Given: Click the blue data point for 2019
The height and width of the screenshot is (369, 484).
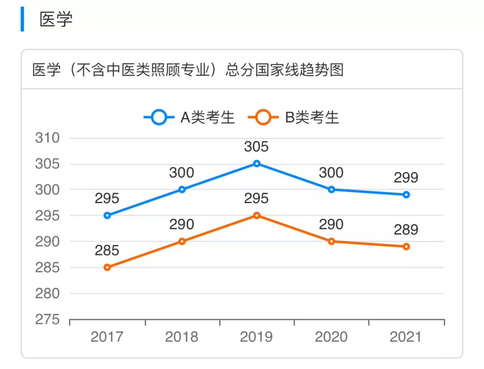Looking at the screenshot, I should (256, 164).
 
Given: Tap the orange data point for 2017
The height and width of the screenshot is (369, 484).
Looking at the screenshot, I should (107, 267).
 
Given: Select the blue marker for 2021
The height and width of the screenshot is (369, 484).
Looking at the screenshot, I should (406, 195).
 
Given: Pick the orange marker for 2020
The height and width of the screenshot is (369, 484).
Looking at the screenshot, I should (332, 241).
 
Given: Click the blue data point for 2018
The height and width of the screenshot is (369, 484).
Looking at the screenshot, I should (182, 190).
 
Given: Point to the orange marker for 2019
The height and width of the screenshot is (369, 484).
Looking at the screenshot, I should (256, 216).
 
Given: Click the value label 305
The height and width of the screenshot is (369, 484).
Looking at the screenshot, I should (256, 147).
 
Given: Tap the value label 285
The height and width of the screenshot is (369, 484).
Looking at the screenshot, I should (107, 250).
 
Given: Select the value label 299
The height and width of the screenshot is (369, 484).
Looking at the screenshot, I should (406, 178).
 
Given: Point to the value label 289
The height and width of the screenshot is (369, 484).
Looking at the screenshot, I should (406, 230).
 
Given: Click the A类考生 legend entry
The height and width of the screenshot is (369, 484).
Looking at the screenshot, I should (189, 117).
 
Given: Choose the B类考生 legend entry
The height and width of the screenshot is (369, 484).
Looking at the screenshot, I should (294, 117).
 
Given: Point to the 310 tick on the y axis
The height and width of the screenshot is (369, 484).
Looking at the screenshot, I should (48, 138).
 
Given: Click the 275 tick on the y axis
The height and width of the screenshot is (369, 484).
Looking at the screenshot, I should (48, 320).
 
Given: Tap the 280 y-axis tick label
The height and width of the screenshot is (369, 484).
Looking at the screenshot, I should (48, 294).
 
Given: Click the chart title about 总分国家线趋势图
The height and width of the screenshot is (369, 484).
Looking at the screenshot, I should (188, 70).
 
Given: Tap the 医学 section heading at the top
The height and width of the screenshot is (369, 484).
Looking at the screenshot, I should (56, 19).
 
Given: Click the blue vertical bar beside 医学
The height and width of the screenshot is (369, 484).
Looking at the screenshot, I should (22, 19).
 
